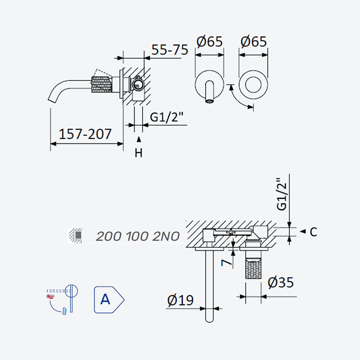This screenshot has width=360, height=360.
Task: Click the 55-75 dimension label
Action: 170,49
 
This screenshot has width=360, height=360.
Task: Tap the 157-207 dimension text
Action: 85,134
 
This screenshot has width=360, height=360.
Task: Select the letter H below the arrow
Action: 139,153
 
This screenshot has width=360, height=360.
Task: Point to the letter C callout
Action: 313,232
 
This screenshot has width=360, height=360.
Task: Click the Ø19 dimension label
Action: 180,300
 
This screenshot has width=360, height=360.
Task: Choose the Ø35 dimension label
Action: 280,282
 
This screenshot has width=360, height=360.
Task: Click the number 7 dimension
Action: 227,262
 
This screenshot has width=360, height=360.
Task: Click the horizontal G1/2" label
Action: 167,117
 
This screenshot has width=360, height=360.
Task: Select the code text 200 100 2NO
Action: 138,236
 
